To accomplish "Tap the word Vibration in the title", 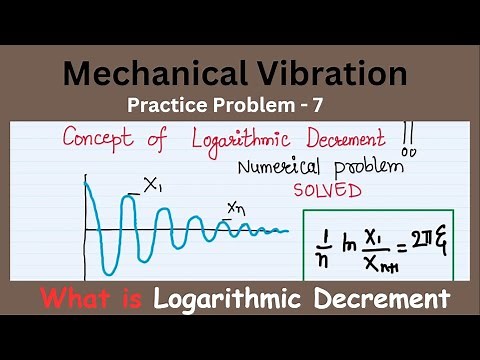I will [x=331, y=73].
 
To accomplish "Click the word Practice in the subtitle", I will [x=168, y=103].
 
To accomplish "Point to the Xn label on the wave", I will [x=236, y=207].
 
